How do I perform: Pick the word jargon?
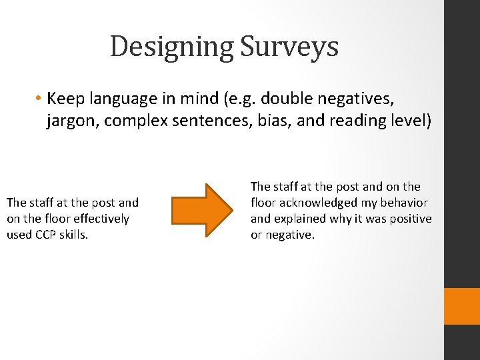(68, 122)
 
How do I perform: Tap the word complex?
(127, 122)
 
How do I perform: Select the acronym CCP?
(42, 235)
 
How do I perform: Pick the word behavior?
(404, 203)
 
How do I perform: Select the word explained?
(299, 219)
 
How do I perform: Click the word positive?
(408, 219)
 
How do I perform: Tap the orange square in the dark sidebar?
(462, 306)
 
